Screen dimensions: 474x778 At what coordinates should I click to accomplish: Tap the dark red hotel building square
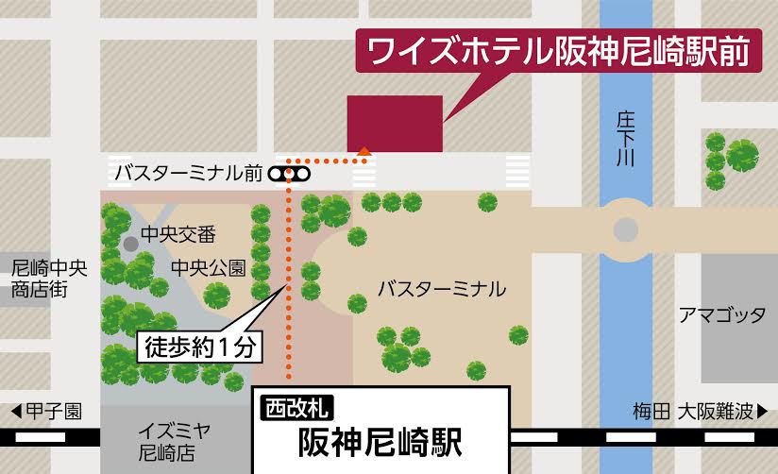395,123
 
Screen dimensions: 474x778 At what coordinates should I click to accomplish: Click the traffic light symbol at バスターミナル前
289,174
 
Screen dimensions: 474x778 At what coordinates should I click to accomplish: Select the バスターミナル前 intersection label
188,174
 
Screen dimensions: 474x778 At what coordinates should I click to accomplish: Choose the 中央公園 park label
208,268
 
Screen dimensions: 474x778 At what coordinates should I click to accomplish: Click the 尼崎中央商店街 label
48,279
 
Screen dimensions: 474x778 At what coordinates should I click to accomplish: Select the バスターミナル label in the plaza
441,289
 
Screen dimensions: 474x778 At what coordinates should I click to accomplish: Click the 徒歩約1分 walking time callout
199,347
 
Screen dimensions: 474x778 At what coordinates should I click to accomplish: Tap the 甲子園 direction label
54,412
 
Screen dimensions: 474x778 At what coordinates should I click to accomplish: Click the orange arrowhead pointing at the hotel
364,148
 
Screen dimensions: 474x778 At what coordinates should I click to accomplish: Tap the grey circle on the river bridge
625,229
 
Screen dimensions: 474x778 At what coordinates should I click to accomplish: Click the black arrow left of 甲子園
15,412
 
